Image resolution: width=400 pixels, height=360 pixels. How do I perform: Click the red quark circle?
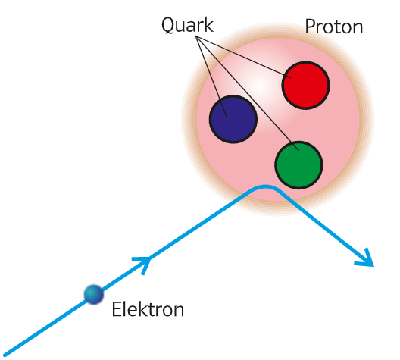tap(305, 85)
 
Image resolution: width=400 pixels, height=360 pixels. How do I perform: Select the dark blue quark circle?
tap(233, 119)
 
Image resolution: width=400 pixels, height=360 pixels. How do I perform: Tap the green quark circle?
tap(298, 165)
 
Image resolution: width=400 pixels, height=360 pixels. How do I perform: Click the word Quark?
tap(188, 25)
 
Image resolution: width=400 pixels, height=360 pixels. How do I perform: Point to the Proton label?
tap(334, 27)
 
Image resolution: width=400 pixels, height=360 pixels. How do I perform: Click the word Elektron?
tap(148, 309)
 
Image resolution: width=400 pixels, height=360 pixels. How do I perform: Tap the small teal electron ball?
tap(94, 294)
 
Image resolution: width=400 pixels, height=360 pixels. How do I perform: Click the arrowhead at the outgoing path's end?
tap(367, 260)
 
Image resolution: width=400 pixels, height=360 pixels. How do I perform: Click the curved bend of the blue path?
tap(265, 186)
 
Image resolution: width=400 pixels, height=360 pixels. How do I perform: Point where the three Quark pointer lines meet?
tap(196, 36)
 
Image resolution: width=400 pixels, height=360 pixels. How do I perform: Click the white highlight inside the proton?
tap(259, 84)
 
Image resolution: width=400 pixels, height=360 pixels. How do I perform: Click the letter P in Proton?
tap(310, 27)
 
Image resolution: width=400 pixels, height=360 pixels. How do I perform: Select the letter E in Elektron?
tap(117, 309)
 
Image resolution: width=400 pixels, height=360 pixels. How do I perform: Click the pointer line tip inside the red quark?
tap(291, 77)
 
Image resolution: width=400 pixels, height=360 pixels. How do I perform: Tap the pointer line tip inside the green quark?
tap(298, 151)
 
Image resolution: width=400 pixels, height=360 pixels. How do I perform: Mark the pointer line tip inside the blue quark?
tap(227, 116)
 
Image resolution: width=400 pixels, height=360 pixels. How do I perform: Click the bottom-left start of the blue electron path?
tap(5, 355)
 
